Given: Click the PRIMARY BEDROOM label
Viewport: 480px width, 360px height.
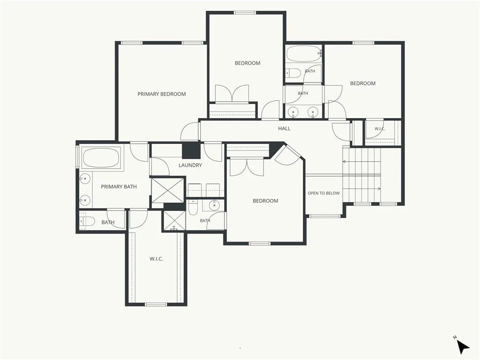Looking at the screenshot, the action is [162, 94].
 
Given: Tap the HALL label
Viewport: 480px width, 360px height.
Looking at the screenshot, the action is [284, 128].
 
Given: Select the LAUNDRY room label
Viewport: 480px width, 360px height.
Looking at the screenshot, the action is [190, 165].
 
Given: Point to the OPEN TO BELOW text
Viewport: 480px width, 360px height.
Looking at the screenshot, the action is [323, 193].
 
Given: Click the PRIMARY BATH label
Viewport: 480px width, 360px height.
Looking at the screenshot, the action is [119, 187].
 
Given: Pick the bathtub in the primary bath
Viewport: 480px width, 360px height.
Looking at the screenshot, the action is [101, 157].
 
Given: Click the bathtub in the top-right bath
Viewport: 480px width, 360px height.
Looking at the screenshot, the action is [304, 54].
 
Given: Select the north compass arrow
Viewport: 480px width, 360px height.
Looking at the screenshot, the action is [463, 347].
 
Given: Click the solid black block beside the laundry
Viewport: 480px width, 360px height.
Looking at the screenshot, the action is [191, 150].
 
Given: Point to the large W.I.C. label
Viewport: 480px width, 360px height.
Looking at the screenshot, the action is [156, 259].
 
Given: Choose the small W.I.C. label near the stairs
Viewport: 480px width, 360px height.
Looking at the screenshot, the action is [380, 129].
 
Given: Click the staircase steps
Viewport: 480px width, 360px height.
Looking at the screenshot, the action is [361, 175].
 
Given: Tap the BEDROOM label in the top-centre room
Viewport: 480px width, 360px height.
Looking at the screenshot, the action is [247, 63].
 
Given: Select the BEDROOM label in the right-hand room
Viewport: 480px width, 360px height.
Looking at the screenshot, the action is [363, 83].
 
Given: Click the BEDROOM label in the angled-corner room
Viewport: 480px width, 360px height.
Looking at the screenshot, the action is [265, 201].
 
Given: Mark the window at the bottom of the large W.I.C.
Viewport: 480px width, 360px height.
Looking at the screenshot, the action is [156, 304].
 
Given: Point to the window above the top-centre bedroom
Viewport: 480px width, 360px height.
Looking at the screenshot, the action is [245, 13].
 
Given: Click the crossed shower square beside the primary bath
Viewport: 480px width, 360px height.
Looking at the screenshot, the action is [168, 190].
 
